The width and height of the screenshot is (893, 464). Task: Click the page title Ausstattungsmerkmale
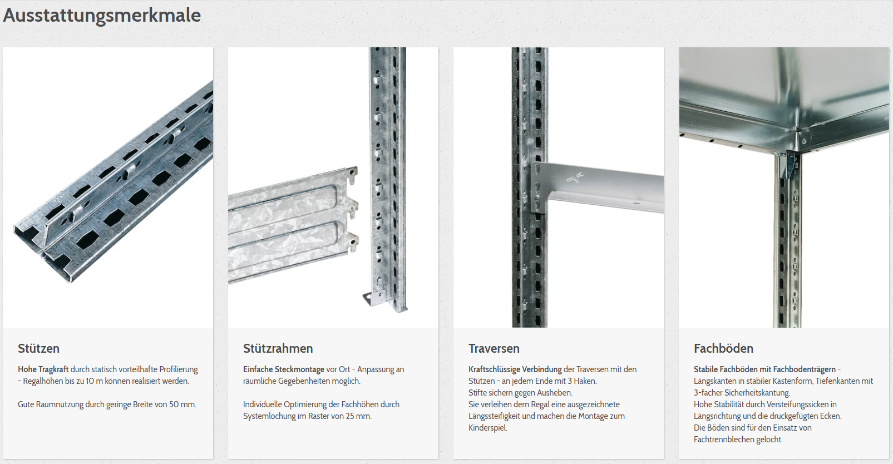[102, 16]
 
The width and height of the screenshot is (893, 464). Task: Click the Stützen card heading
[39, 348]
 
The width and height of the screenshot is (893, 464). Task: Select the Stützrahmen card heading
[278, 348]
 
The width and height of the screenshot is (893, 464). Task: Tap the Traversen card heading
[494, 348]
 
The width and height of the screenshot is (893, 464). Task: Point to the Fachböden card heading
[723, 348]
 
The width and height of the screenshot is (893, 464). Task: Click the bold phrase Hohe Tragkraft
[43, 369]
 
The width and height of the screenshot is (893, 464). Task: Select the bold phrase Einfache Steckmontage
[283, 369]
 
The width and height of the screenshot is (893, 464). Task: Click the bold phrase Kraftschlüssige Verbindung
[515, 369]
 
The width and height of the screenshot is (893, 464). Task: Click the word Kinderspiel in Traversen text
[487, 428]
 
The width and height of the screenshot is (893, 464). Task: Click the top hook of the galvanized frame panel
[352, 172]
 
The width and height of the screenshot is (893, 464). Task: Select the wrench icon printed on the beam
[575, 177]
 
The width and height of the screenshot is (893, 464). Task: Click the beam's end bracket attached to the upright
[538, 187]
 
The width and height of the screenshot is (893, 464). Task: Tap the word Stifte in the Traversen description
[478, 393]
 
